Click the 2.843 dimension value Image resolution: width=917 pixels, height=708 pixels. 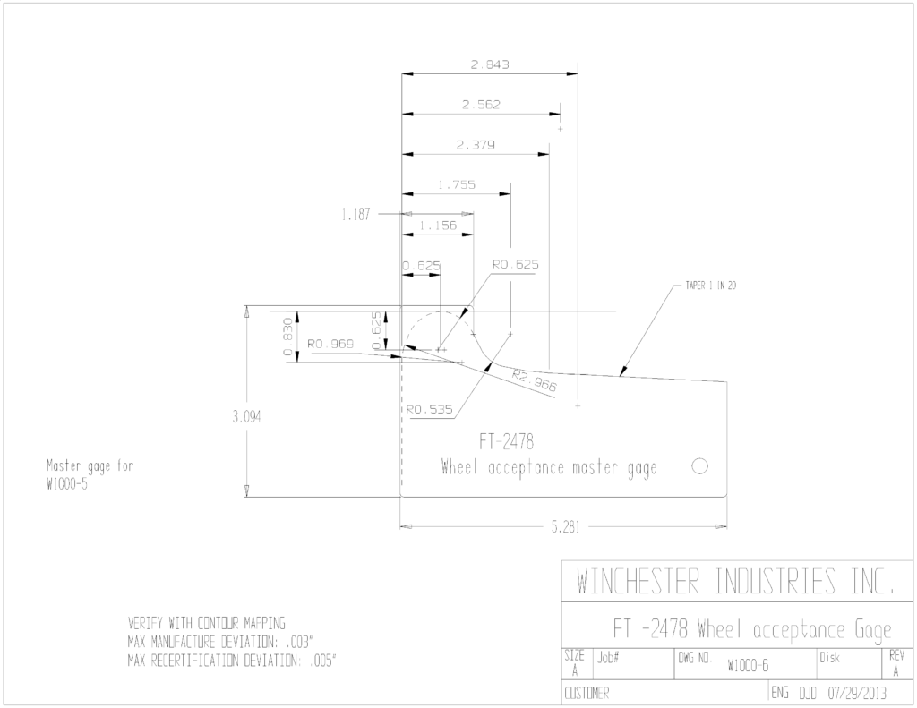[x=490, y=64]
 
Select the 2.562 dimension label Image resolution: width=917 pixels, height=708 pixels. [x=481, y=105]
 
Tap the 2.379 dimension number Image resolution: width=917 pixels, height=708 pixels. [x=476, y=144]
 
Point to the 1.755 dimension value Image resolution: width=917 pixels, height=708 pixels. [x=457, y=184]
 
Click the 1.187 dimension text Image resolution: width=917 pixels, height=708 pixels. [x=356, y=215]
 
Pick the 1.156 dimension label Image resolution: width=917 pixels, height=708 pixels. [x=438, y=225]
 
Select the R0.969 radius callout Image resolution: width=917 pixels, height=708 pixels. [x=331, y=344]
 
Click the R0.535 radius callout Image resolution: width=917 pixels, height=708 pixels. [x=430, y=409]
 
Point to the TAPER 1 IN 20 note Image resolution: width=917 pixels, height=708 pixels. [x=710, y=286]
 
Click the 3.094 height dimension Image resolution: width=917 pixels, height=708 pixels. [x=246, y=417]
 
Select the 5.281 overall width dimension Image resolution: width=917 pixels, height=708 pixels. [x=566, y=527]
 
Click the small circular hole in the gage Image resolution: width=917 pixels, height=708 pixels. [x=699, y=466]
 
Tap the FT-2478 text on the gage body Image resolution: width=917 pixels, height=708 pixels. [x=507, y=441]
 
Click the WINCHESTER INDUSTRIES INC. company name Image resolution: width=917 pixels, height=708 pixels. [x=736, y=581]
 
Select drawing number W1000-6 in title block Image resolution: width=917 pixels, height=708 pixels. [x=748, y=666]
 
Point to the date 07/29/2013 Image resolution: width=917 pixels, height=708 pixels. [x=857, y=694]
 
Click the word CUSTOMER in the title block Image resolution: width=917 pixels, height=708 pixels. [x=587, y=694]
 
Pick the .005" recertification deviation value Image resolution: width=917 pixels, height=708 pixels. [x=322, y=661]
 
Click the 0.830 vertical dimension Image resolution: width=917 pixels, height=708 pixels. [x=287, y=337]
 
